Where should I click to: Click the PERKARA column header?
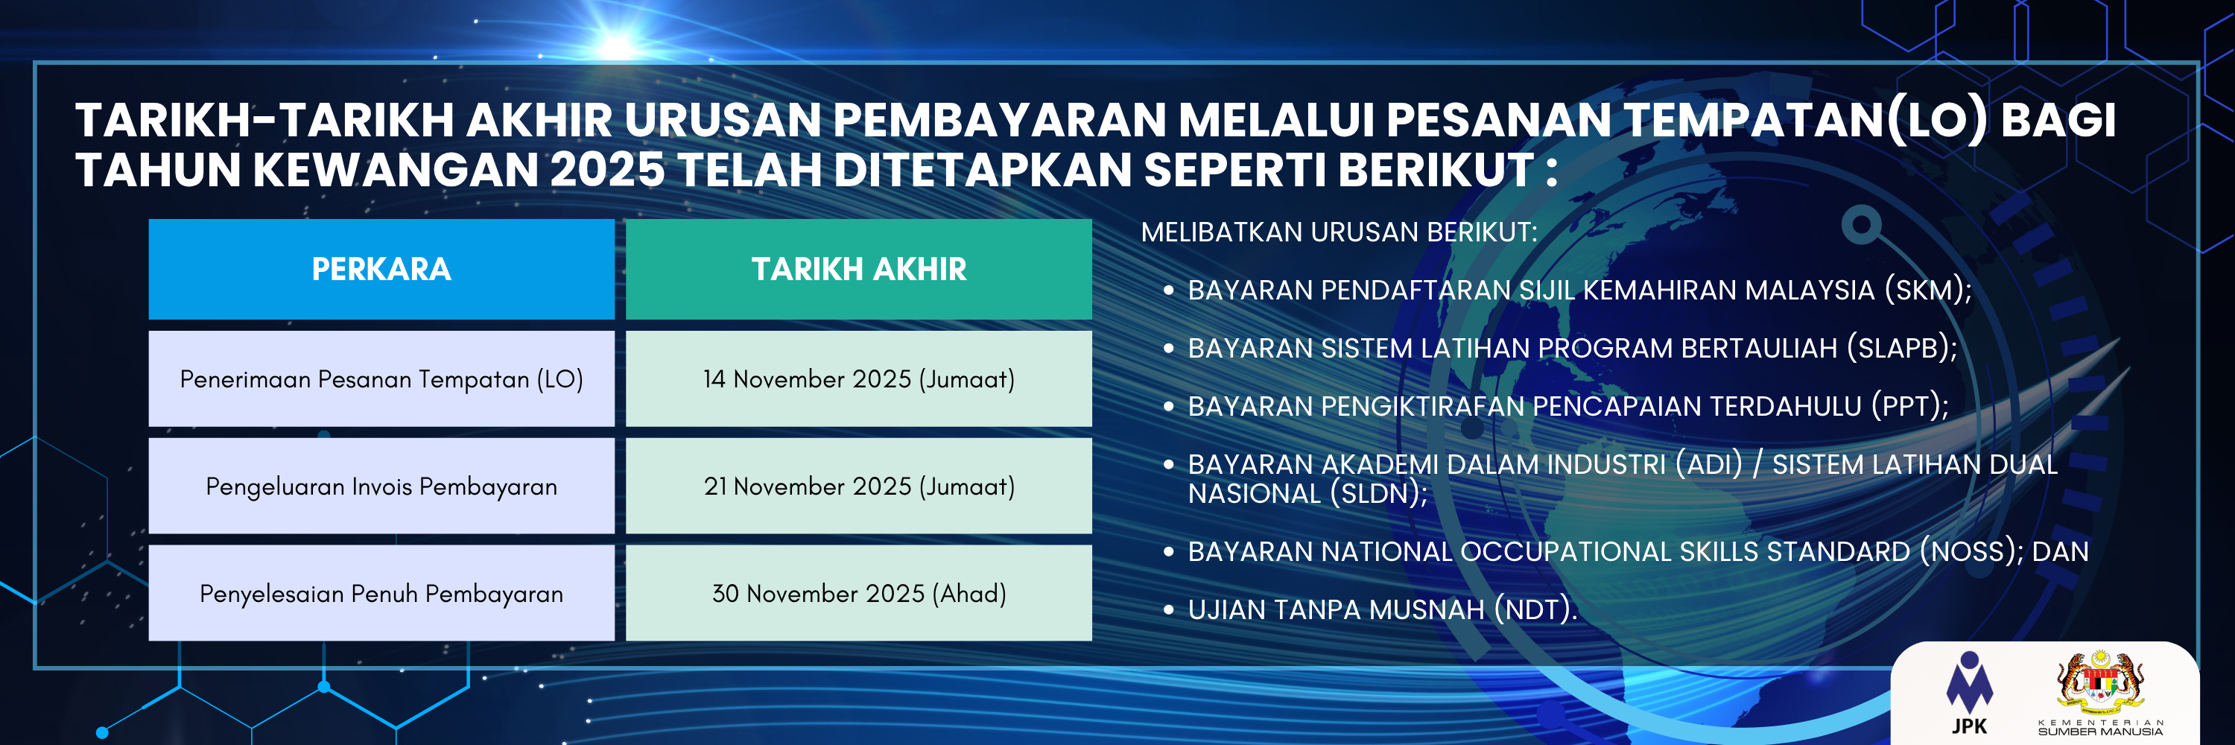[381, 269]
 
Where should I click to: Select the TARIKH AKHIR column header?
[858, 269]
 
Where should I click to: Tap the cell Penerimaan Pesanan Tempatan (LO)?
[381, 379]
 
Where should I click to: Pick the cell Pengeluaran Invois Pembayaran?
[381, 486]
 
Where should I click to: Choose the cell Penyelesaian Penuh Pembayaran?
[381, 594]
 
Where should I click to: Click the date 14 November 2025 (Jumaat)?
[858, 379]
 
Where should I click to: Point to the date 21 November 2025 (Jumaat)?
[858, 486]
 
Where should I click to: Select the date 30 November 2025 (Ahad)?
[858, 594]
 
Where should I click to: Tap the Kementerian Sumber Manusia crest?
[2099, 685]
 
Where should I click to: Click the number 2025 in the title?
[606, 169]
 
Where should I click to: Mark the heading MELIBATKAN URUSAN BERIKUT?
[1339, 232]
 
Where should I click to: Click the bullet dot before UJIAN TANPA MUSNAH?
[1169, 609]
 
